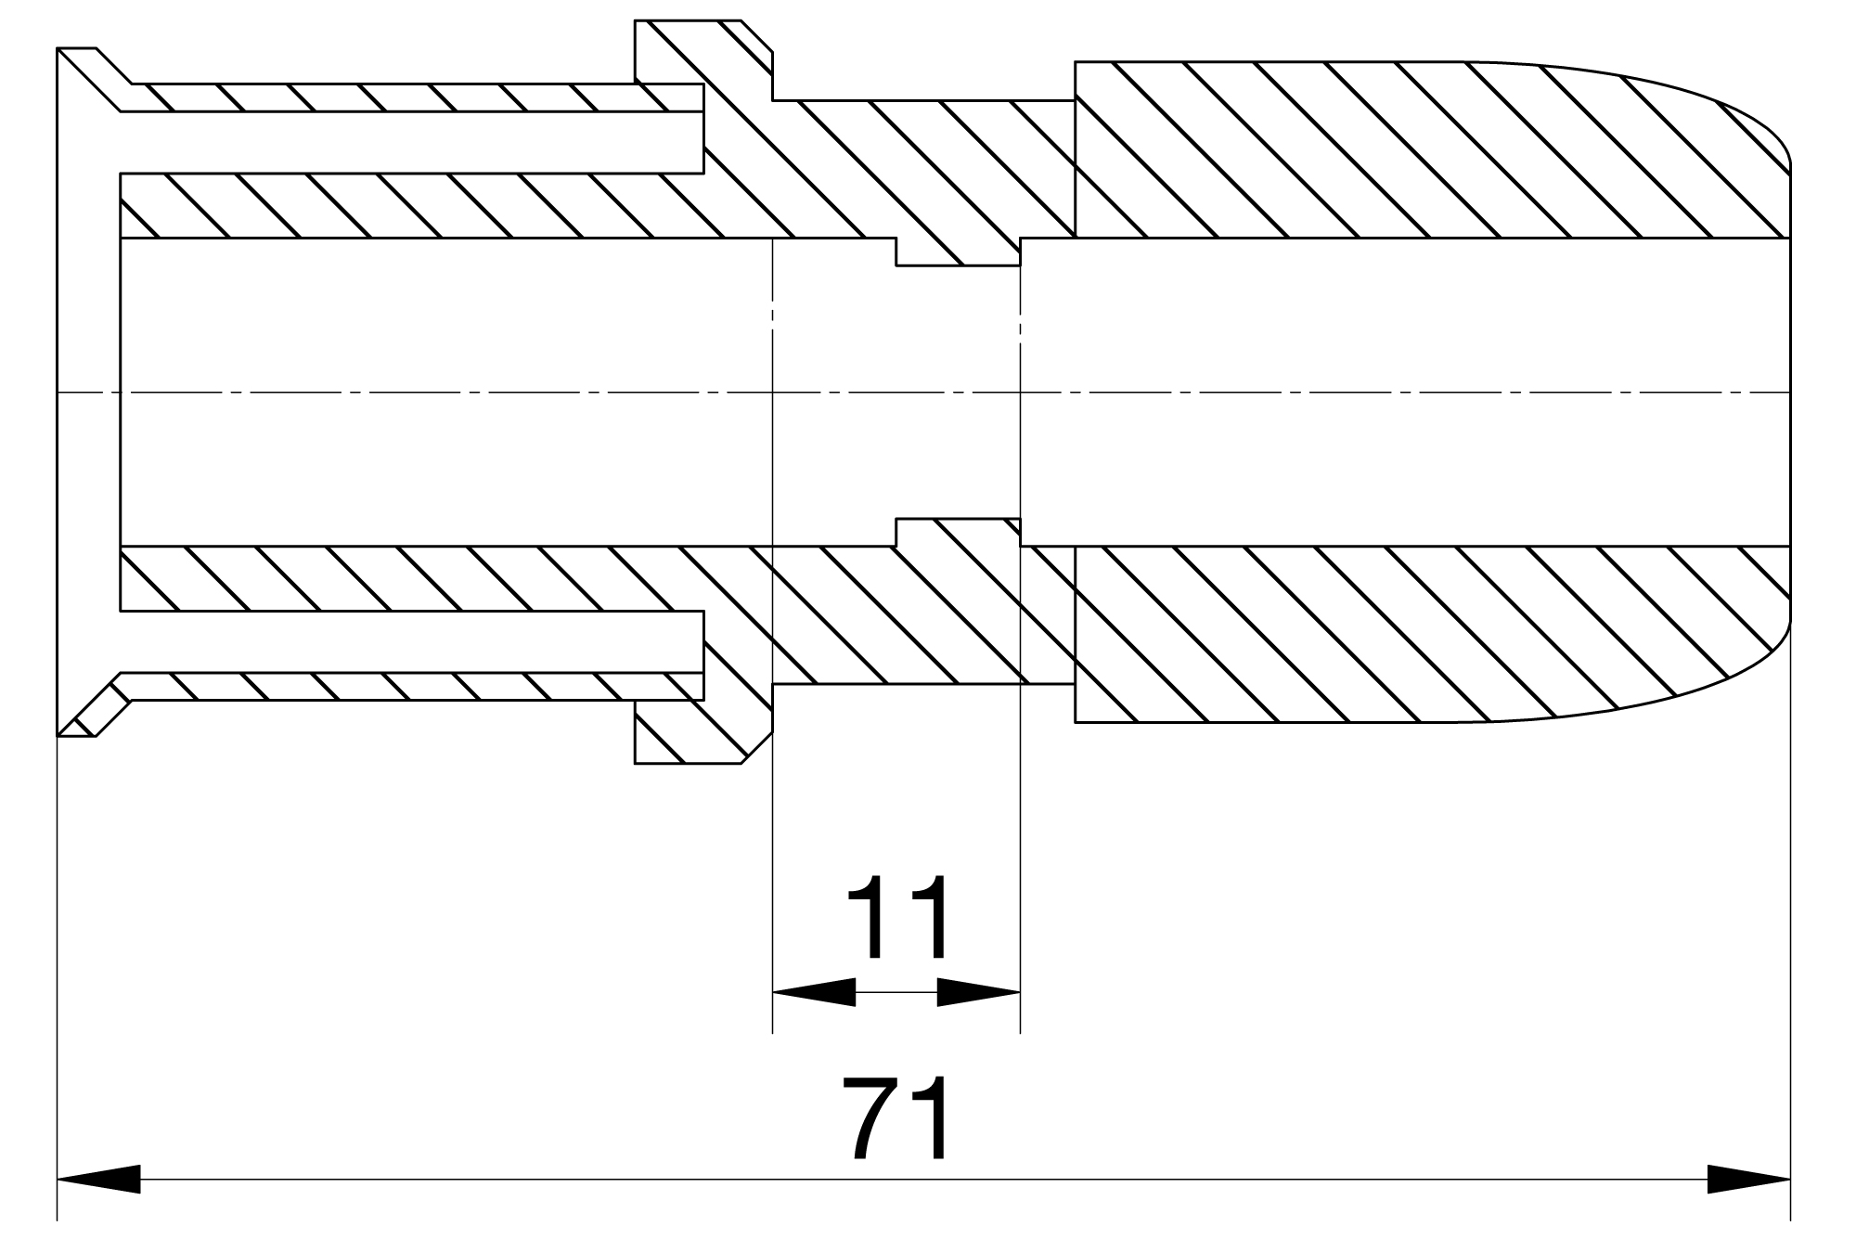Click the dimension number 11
pos(897,918)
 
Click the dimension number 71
pos(897,1118)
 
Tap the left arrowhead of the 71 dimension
pos(98,1179)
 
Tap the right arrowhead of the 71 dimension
pos(1749,1179)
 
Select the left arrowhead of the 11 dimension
pos(814,992)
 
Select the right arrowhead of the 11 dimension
pos(979,992)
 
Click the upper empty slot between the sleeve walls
pos(412,142)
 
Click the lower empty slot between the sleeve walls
pos(412,641)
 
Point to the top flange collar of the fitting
pos(703,60)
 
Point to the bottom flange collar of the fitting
pos(703,724)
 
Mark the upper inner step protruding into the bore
pos(958,252)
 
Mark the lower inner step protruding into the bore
pos(958,532)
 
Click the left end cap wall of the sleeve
pos(89,392)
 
